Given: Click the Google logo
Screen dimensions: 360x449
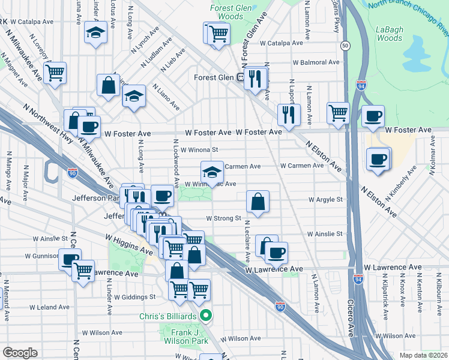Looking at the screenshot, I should pyautogui.click(x=20, y=353).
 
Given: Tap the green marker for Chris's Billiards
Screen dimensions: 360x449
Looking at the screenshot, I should pyautogui.click(x=206, y=314).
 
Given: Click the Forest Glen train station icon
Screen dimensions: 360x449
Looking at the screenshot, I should pyautogui.click(x=240, y=77).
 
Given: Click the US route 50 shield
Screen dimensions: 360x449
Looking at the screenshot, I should pyautogui.click(x=345, y=46).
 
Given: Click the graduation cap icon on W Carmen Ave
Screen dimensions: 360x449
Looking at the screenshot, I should pyautogui.click(x=211, y=172).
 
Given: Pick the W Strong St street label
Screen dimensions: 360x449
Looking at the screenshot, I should pyautogui.click(x=223, y=218).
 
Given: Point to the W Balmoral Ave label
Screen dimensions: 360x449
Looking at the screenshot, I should pyautogui.click(x=316, y=62).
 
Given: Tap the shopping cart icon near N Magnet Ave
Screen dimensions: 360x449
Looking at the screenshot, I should pyautogui.click(x=55, y=72).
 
